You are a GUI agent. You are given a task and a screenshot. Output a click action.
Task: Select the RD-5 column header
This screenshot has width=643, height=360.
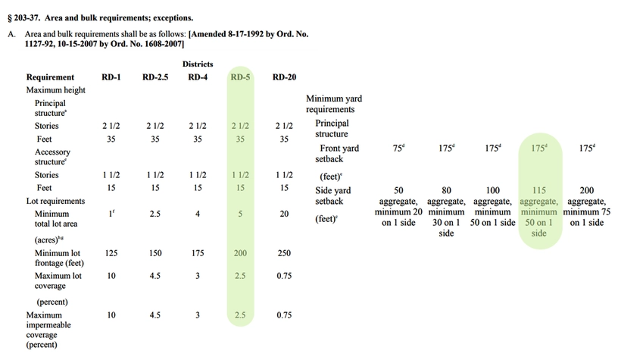coord(240,77)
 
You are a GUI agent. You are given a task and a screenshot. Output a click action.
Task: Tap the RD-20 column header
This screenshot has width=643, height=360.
coord(284,77)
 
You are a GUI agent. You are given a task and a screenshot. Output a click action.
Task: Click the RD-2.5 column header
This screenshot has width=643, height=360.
coord(155,77)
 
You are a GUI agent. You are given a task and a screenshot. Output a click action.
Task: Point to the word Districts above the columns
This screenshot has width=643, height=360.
coord(198,64)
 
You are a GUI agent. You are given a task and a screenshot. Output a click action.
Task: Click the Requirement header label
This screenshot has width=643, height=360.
coord(50,77)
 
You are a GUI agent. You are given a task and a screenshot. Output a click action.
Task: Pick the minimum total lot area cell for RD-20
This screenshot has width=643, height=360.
coord(284,214)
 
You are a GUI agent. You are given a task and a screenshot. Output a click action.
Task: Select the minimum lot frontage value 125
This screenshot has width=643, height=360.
coord(111,253)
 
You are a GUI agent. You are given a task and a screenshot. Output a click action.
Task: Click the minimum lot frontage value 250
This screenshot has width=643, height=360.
coord(284,253)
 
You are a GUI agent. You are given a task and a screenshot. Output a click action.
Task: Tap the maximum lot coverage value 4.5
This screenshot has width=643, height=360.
coord(155,276)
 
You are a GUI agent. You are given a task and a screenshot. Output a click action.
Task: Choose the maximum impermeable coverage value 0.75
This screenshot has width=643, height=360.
coord(284,315)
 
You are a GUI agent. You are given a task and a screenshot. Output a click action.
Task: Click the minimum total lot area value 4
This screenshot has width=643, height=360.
coord(198,214)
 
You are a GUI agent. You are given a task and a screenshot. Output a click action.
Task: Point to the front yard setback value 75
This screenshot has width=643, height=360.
coord(398,149)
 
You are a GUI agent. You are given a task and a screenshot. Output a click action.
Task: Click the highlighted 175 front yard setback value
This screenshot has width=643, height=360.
coord(538,149)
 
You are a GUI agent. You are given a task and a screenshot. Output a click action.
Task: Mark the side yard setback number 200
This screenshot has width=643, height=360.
coord(586,190)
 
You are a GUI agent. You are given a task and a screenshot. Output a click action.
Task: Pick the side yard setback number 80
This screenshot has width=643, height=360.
coord(446,190)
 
